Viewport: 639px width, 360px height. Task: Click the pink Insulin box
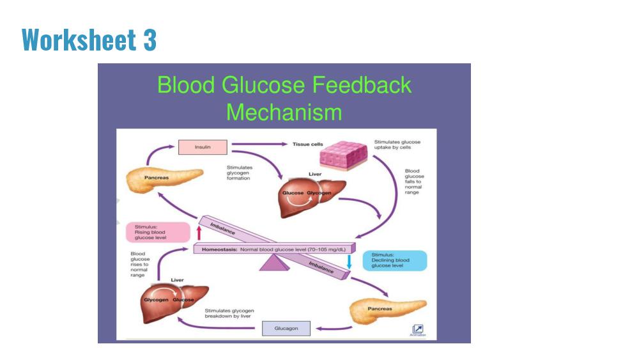[x=203, y=147]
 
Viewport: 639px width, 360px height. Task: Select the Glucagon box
[x=286, y=328]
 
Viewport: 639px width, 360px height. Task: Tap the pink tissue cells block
[x=344, y=155]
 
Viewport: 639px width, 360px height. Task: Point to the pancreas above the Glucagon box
[x=388, y=311]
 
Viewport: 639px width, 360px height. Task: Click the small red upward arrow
[x=199, y=233]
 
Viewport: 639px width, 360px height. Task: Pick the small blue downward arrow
[x=350, y=262]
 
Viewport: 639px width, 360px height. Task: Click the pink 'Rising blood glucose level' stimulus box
[x=158, y=232]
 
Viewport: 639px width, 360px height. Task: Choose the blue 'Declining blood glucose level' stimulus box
[x=395, y=260]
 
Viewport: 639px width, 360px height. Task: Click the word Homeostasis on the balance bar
[x=219, y=249]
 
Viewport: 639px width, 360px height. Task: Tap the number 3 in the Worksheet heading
[x=150, y=40]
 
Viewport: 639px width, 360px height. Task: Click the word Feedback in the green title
[x=362, y=85]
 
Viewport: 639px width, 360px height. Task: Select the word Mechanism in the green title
[x=284, y=112]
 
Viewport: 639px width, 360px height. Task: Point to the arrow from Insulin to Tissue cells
[x=259, y=144]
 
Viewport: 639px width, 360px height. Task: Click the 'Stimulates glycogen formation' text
[x=240, y=173]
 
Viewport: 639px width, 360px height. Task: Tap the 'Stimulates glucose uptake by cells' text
[x=397, y=145]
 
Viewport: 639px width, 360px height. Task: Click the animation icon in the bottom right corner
[x=418, y=329]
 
